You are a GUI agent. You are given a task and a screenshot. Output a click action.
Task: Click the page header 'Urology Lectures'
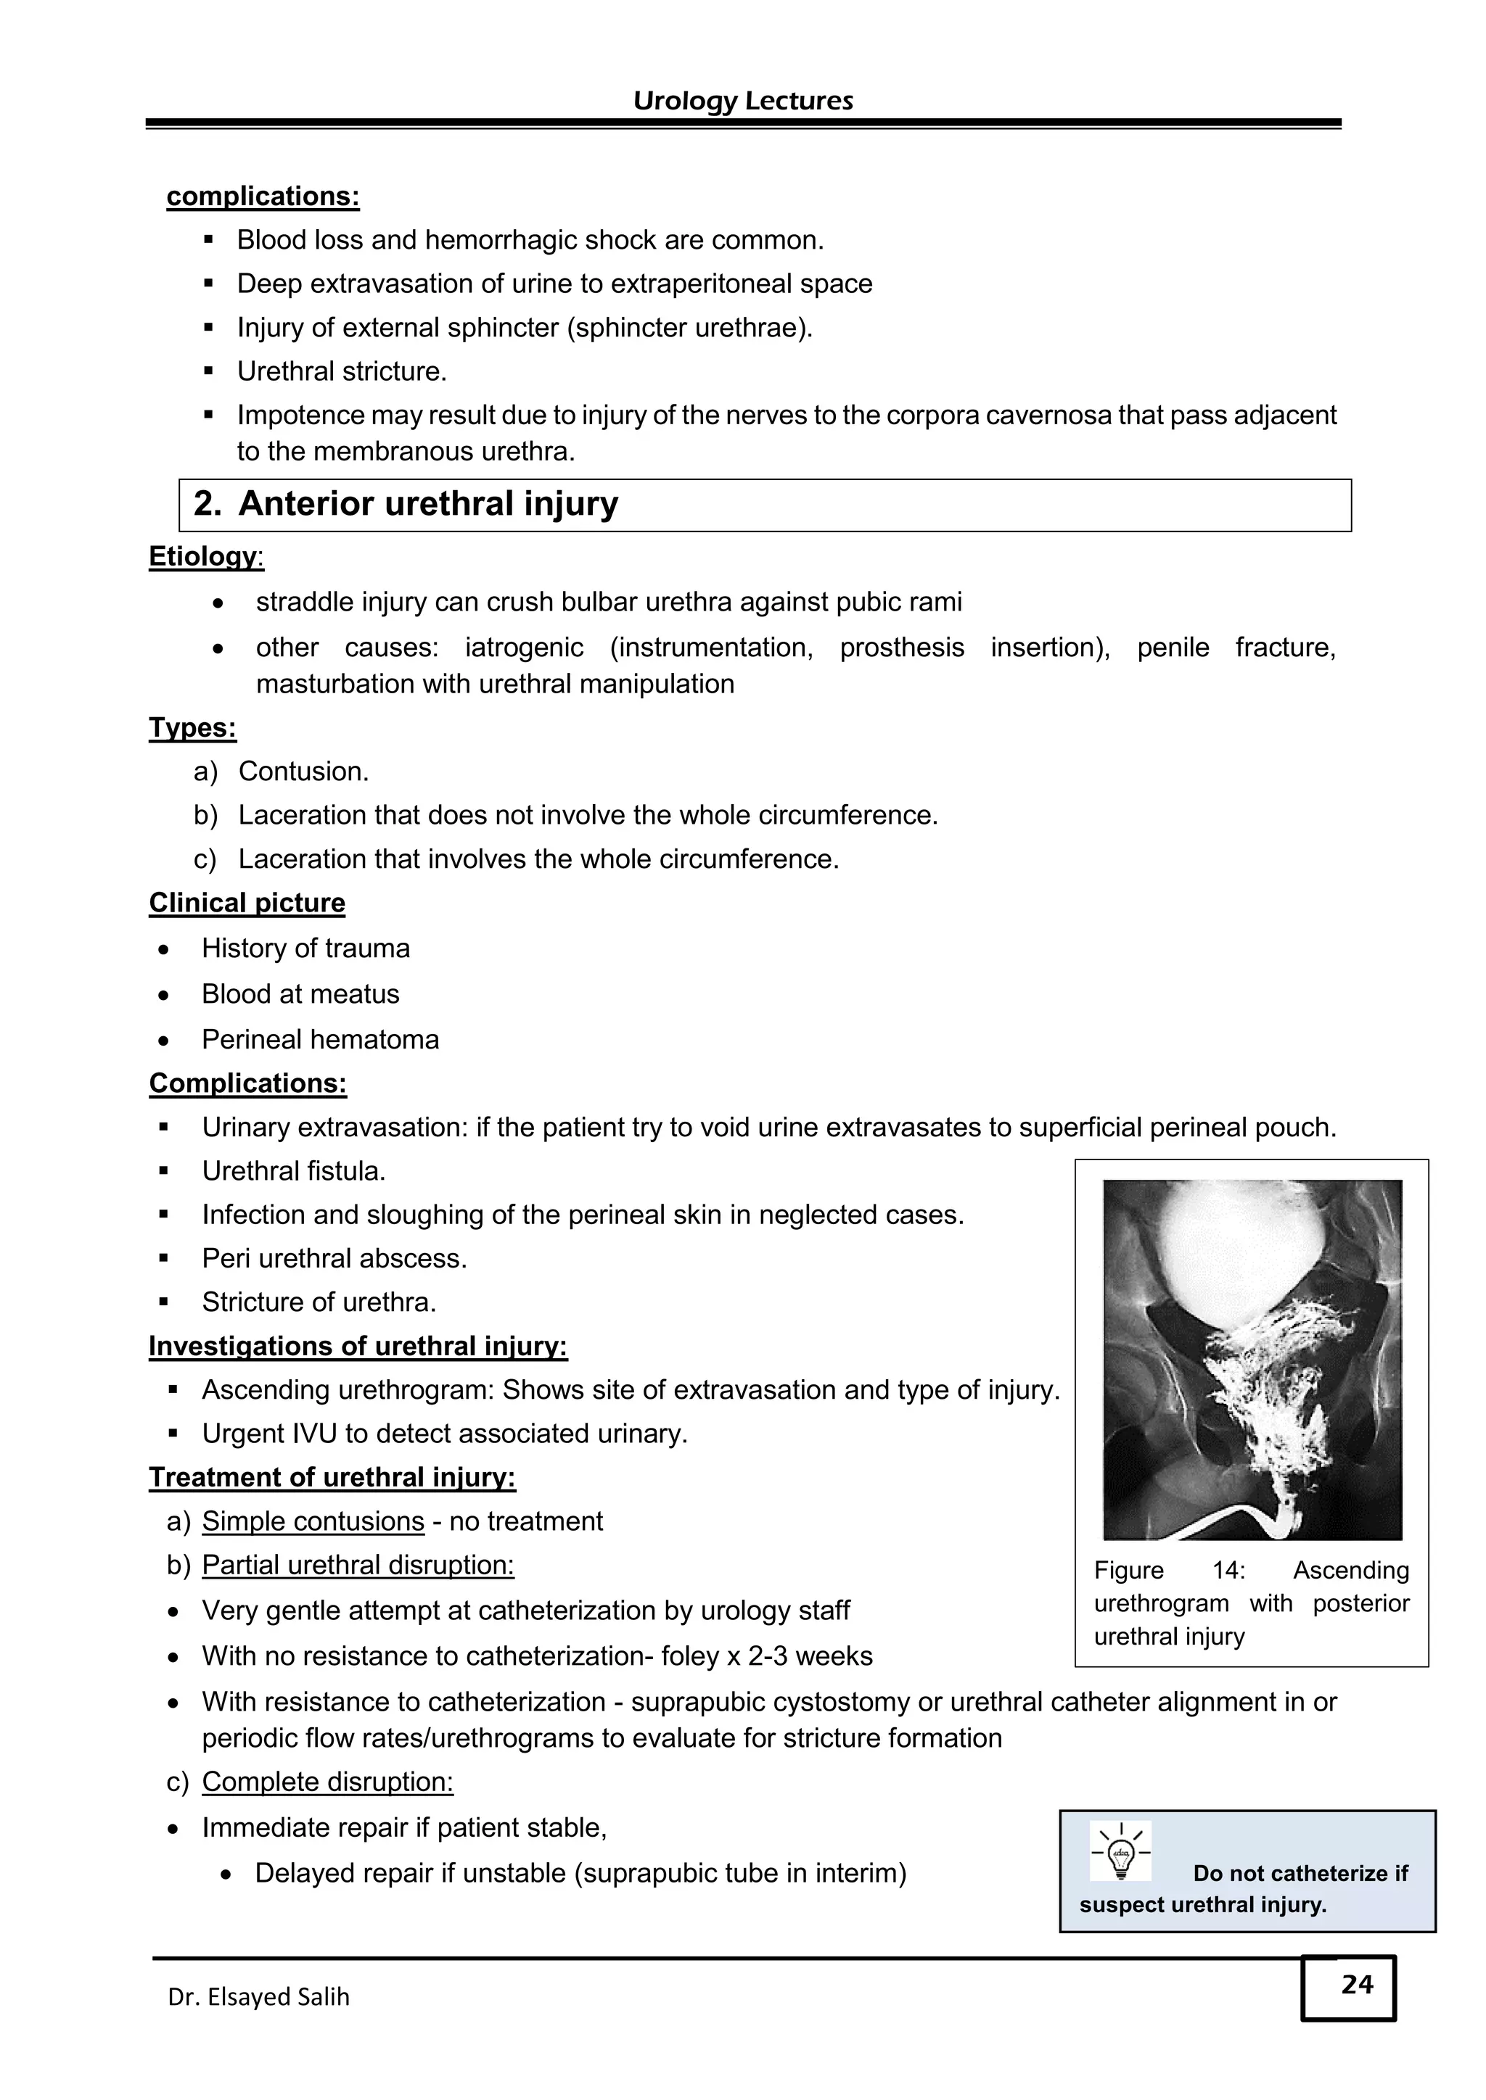click(742, 101)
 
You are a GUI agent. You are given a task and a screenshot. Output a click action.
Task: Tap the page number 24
click(1356, 1984)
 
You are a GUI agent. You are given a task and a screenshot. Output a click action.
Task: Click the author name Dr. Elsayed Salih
click(258, 1996)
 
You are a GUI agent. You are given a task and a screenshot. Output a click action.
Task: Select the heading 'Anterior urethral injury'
click(427, 504)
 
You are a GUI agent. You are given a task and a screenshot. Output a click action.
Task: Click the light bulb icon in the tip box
click(1121, 1852)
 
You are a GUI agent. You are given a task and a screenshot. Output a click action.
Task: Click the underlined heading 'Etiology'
click(203, 556)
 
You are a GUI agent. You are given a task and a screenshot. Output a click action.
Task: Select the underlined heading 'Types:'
click(192, 728)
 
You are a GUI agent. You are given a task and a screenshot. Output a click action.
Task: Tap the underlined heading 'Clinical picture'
click(247, 903)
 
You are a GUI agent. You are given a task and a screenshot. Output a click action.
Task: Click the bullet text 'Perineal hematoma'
click(320, 1039)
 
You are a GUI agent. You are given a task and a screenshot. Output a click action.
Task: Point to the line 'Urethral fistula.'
click(294, 1170)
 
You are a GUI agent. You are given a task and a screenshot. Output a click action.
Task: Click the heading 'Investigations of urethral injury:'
click(358, 1347)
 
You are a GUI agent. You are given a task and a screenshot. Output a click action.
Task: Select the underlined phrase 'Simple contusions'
click(313, 1521)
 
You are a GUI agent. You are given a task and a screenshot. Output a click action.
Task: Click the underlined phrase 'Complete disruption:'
click(327, 1782)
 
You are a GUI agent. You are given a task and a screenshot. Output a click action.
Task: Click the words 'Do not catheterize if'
click(1300, 1873)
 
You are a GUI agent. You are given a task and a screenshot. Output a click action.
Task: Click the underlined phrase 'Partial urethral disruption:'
click(358, 1565)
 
